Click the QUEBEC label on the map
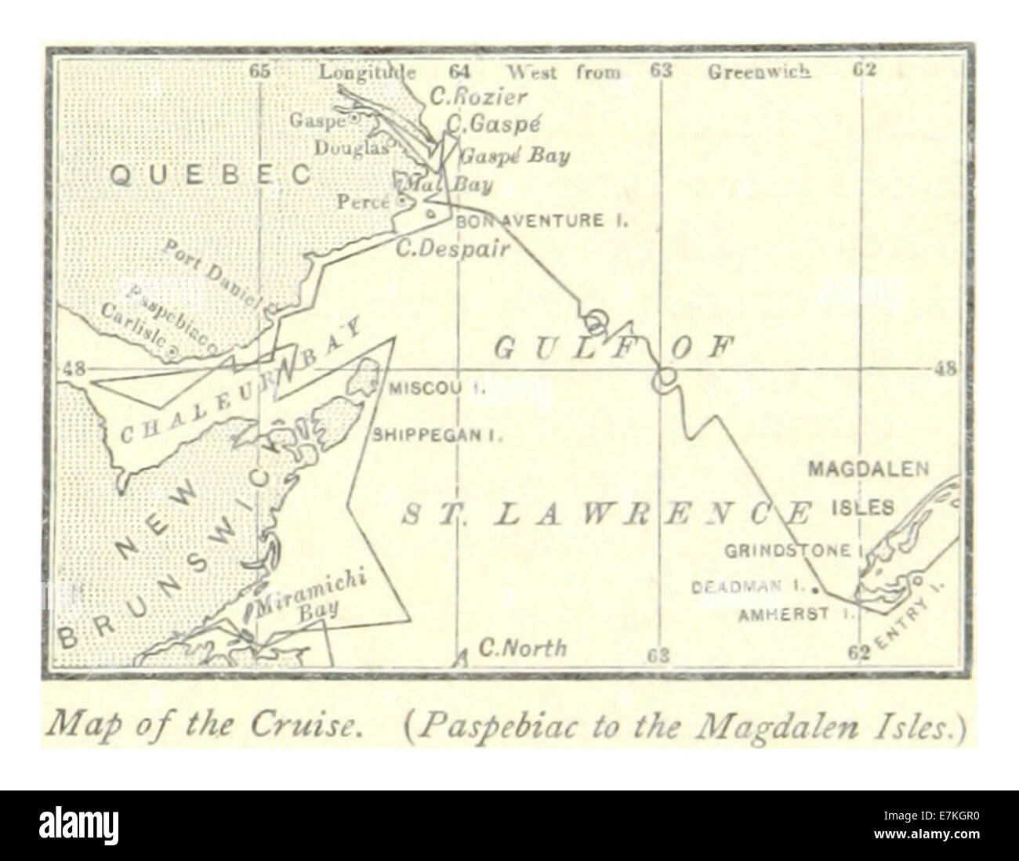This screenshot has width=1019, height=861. (x=210, y=175)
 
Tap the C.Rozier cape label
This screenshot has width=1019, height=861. (x=478, y=97)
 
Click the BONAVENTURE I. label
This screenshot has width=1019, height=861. (x=542, y=221)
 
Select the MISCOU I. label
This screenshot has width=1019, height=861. (x=436, y=387)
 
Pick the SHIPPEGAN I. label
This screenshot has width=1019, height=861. (x=437, y=436)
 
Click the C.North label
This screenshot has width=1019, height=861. (x=521, y=648)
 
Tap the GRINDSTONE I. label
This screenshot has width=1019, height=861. (x=792, y=551)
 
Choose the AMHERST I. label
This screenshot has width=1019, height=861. (x=795, y=615)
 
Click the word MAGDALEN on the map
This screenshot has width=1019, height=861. (x=868, y=469)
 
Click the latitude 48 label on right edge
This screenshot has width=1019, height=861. (x=944, y=370)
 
